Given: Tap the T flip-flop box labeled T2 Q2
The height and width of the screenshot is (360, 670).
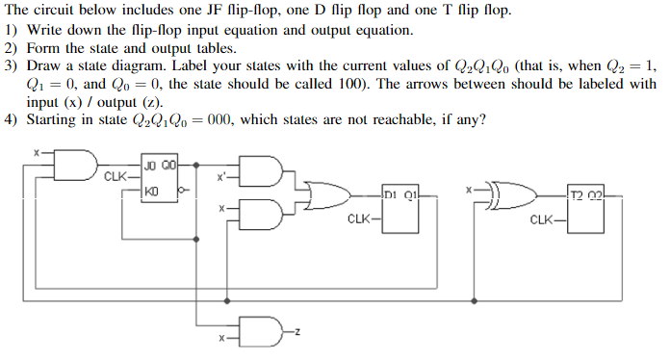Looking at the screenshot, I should [586, 211].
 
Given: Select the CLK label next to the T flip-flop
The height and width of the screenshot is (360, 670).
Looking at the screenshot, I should [543, 219].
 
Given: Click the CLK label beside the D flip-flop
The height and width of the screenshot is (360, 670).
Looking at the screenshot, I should [358, 219].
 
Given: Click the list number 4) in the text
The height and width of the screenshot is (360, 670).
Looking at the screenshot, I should [12, 119].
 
